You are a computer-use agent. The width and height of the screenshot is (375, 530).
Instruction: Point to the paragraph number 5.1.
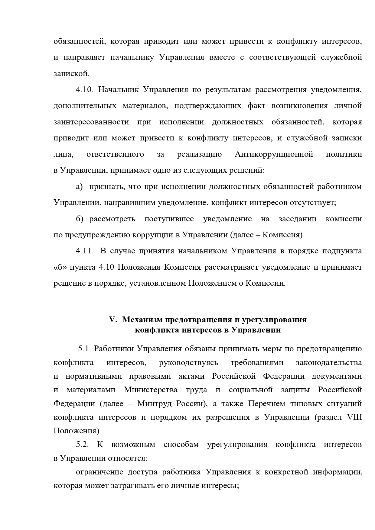[x=85, y=349]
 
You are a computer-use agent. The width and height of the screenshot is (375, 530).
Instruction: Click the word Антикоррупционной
[x=274, y=154]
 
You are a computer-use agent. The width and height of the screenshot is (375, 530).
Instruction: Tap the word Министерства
[x=151, y=390]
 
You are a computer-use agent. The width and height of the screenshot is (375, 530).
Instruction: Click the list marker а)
[x=79, y=187]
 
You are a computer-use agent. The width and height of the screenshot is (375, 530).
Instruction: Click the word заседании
[x=297, y=219]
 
